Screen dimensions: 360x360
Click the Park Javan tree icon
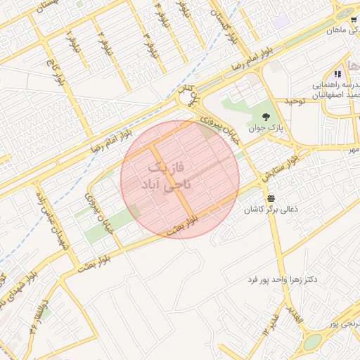(266, 117)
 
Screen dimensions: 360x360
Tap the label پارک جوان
(264, 129)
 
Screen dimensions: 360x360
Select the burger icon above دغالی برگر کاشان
(271, 198)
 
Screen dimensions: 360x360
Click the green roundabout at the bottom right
(312, 342)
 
